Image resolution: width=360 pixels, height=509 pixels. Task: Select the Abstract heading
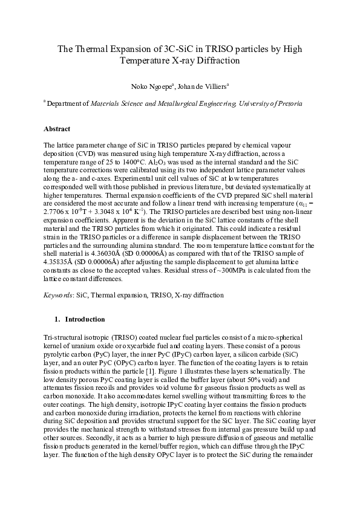coord(57,129)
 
